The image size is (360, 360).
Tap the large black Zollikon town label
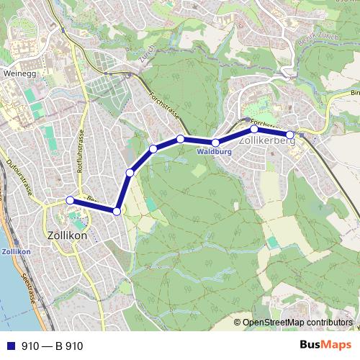[x=67, y=235]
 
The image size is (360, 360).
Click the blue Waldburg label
[x=214, y=153]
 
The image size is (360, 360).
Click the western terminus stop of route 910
[x=70, y=200]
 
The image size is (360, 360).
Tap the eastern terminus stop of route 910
[x=290, y=135]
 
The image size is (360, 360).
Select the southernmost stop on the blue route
[x=117, y=211]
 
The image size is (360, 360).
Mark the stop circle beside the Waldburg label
[x=215, y=143]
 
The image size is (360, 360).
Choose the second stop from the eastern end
[x=253, y=130]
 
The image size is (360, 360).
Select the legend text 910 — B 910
[x=53, y=346]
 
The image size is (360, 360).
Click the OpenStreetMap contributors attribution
[x=297, y=323]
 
